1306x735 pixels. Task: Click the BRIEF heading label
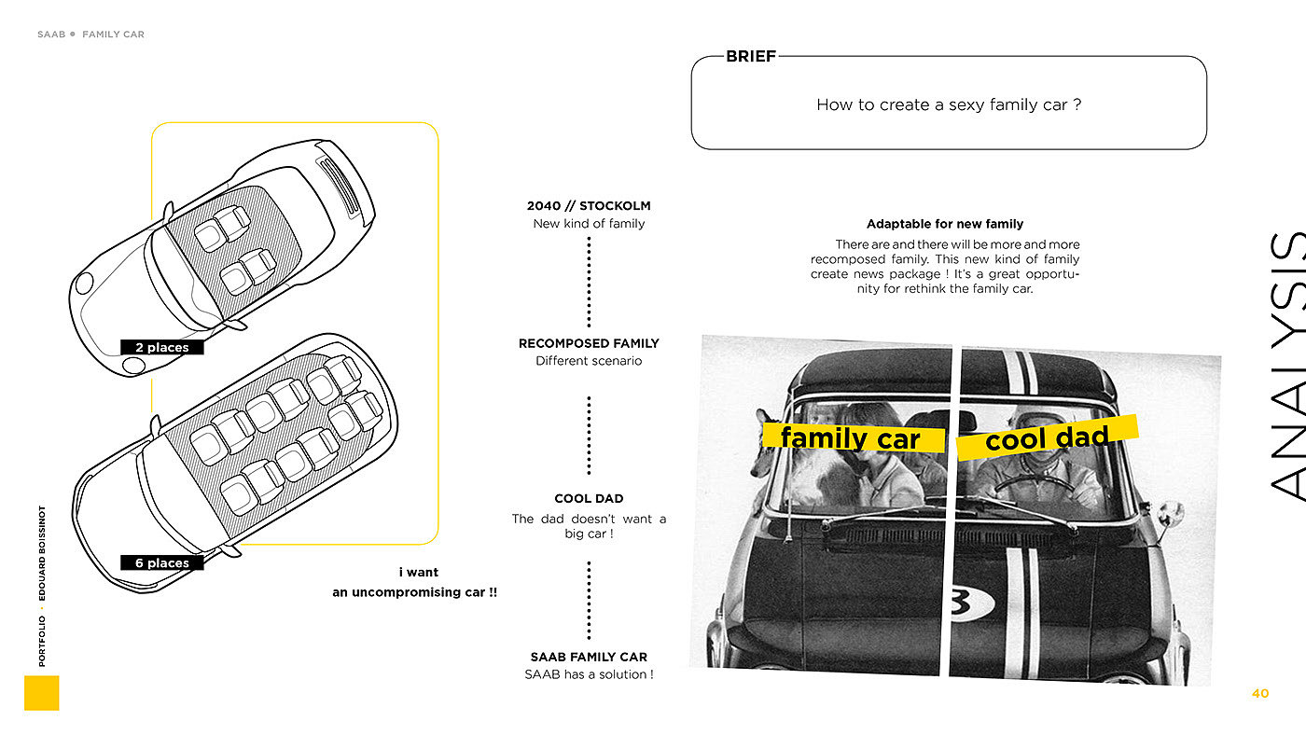tap(751, 57)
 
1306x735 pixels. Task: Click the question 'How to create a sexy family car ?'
tap(949, 104)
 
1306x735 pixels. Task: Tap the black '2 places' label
tap(161, 348)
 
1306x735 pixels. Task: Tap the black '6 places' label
tap(161, 563)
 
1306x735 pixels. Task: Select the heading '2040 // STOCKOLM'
tap(589, 206)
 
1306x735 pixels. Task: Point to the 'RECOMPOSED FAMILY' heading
tap(589, 343)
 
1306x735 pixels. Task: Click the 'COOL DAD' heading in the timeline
tap(589, 499)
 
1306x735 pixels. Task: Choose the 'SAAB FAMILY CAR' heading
tap(589, 658)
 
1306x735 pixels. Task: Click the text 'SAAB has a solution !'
tap(589, 674)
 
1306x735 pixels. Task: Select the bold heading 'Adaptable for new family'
tap(945, 224)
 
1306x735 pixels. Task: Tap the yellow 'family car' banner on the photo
tap(852, 438)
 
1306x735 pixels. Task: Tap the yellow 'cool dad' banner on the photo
tap(1048, 437)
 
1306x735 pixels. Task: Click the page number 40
tap(1260, 693)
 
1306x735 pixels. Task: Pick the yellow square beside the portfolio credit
tap(42, 693)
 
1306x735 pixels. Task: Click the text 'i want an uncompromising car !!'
tap(415, 582)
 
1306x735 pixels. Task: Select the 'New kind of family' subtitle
tap(589, 224)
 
